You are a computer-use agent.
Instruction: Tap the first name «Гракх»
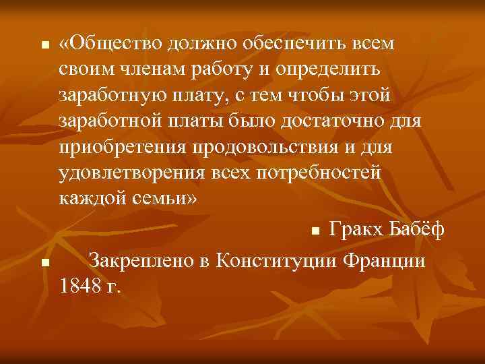click(x=355, y=231)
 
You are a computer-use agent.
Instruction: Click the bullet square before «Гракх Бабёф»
click(x=315, y=233)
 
